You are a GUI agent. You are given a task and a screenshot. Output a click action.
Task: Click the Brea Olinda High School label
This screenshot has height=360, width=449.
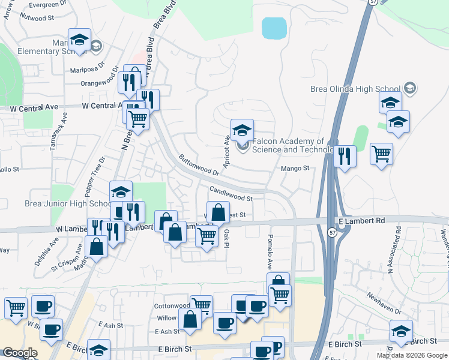[355, 89]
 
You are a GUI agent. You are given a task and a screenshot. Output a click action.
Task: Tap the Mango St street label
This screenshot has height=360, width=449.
[295, 169]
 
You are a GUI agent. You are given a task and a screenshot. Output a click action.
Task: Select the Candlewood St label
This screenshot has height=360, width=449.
[231, 193]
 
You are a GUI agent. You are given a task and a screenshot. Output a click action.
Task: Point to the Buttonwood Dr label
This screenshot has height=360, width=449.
[198, 166]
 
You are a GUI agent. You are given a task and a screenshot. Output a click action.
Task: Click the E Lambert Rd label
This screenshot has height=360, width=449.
[361, 221]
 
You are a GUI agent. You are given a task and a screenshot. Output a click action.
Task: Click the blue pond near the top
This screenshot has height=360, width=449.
[274, 28]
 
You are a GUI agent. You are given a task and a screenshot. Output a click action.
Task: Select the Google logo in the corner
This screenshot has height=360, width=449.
[20, 353]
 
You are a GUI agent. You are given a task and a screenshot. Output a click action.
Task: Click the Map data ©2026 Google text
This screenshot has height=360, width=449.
[411, 355]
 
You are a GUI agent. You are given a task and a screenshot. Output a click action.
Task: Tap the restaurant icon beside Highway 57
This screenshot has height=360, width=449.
[343, 156]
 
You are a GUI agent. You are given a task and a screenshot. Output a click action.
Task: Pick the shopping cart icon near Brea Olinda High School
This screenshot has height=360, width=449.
[381, 154]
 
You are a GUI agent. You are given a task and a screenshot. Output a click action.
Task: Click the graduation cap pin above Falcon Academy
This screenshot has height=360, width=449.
[242, 130]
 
